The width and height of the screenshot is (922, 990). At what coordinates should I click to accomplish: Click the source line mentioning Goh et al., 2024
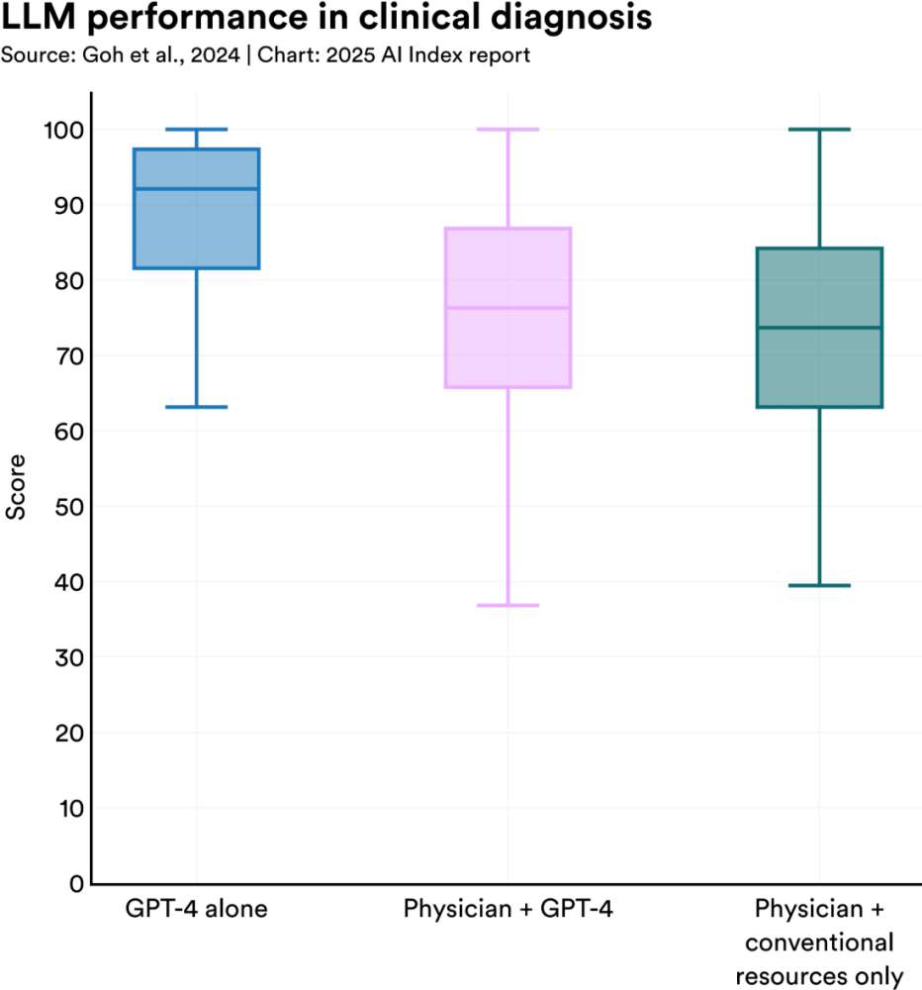point(265,55)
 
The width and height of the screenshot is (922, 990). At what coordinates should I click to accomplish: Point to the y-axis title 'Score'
point(17,487)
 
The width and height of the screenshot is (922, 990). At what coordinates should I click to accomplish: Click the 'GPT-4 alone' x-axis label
point(196,909)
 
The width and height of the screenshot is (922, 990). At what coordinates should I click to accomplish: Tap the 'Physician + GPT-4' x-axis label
point(507,909)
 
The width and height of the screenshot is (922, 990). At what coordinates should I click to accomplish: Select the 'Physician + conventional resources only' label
point(818,941)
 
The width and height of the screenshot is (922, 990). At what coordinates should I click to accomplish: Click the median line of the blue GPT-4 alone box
point(196,188)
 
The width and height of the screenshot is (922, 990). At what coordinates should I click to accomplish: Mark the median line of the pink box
point(507,308)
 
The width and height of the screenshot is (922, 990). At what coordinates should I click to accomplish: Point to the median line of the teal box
point(818,328)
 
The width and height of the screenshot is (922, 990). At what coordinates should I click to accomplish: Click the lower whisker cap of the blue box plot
point(196,407)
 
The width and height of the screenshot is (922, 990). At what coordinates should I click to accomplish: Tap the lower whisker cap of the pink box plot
point(507,605)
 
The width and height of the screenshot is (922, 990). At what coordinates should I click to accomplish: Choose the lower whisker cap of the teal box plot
point(818,586)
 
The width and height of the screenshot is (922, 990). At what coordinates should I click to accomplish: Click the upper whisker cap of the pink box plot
point(507,129)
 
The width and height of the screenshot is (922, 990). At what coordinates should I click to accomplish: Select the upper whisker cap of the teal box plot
point(818,129)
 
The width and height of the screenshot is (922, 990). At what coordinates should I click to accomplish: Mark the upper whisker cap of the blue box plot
point(196,129)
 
